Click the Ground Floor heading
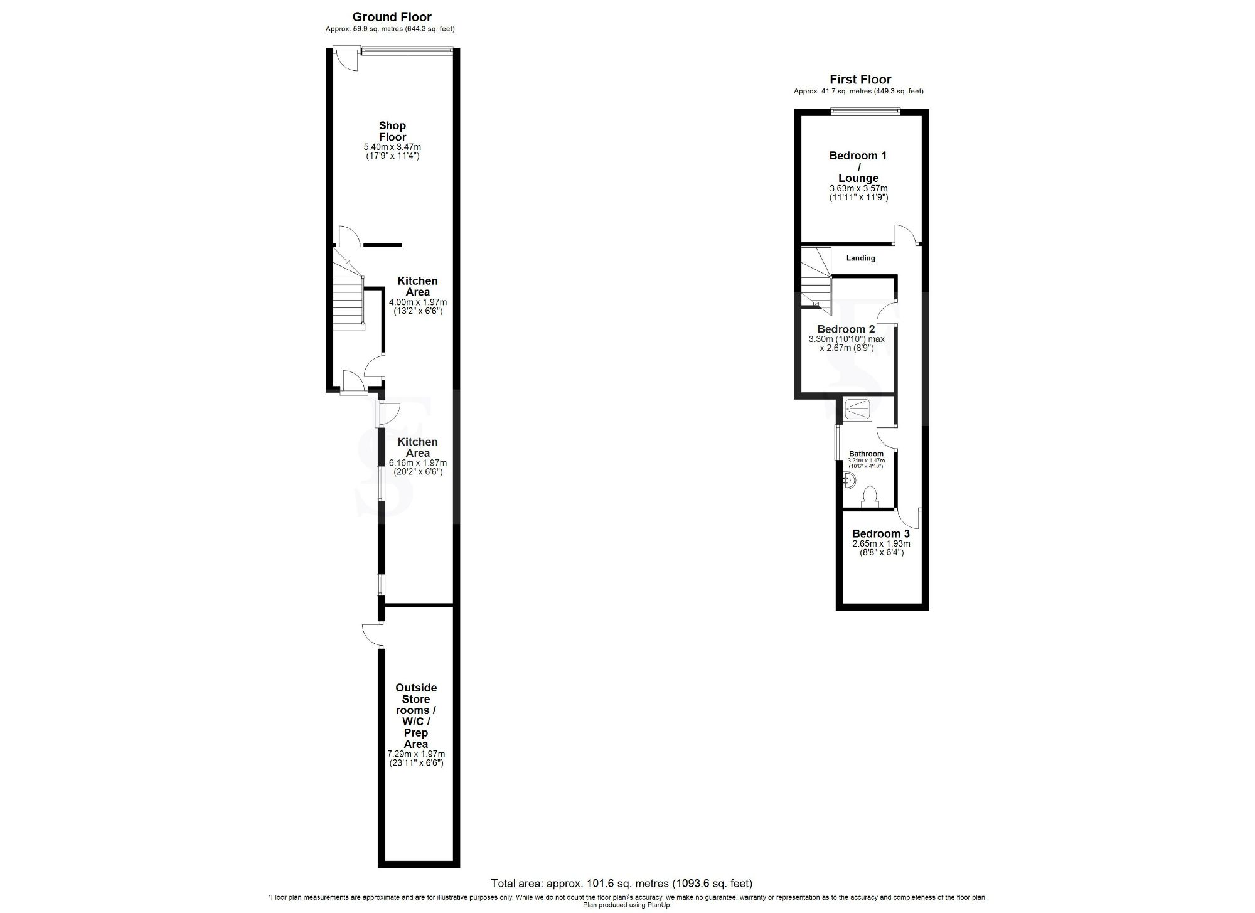point(392,17)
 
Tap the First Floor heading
point(860,79)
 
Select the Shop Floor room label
point(392,131)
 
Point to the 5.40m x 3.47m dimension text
point(392,147)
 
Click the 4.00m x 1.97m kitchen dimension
point(417,302)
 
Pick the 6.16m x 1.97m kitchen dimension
point(417,463)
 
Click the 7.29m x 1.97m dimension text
point(416,754)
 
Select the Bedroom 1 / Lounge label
point(858,166)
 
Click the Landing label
point(860,258)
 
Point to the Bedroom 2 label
point(846,329)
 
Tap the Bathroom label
point(866,454)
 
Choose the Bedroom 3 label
point(880,534)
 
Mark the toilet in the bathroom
point(870,497)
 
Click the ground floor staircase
point(348,295)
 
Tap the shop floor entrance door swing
point(344,60)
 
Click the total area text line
point(621,884)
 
